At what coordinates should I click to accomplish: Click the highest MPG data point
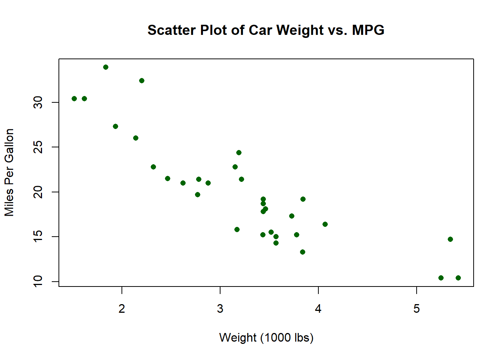coord(106,67)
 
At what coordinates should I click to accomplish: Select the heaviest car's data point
coord(458,278)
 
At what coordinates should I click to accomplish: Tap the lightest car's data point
coord(74,99)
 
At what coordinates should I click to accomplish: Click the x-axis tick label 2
coord(122,309)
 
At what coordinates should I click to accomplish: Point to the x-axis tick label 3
coord(220,309)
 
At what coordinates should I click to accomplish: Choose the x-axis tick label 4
coord(318,309)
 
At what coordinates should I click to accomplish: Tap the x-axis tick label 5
coord(417,309)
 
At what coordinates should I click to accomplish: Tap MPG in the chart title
coord(368,30)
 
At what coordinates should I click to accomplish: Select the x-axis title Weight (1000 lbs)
coord(266,337)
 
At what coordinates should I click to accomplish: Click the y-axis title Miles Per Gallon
coord(9,172)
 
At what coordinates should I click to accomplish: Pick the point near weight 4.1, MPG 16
coord(325,224)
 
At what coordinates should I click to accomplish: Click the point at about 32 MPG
coord(142,81)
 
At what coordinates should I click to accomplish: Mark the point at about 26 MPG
coord(136,138)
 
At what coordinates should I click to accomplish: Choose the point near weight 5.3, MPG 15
coord(450,239)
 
